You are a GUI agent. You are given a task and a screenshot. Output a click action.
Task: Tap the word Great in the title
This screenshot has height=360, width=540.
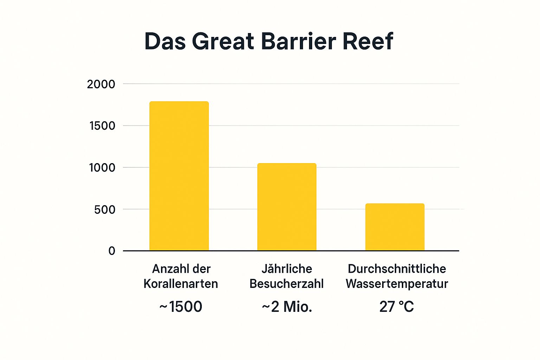pyautogui.click(x=223, y=41)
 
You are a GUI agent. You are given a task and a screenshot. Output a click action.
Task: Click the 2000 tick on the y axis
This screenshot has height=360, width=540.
pyautogui.click(x=101, y=84)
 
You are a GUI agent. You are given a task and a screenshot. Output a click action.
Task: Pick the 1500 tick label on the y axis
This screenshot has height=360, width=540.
pyautogui.click(x=102, y=126)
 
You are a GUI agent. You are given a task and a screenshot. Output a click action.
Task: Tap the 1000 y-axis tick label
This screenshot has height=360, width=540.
pyautogui.click(x=102, y=168)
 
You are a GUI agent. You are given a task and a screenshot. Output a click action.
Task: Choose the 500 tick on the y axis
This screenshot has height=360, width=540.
pyautogui.click(x=104, y=210)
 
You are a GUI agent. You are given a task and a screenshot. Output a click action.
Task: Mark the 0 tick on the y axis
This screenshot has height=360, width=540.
pyautogui.click(x=112, y=251)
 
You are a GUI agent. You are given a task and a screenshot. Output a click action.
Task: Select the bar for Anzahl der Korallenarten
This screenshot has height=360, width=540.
pyautogui.click(x=179, y=176)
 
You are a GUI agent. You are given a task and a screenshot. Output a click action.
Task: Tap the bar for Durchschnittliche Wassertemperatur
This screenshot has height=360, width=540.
pyautogui.click(x=395, y=227)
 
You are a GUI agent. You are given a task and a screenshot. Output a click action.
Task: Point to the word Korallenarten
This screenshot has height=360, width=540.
pyautogui.click(x=181, y=284)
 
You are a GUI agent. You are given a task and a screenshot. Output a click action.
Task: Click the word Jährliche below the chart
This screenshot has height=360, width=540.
pyautogui.click(x=287, y=269)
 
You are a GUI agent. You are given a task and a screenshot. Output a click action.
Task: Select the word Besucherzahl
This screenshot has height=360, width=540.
pyautogui.click(x=287, y=284)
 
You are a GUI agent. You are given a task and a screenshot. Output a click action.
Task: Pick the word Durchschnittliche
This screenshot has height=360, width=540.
pyautogui.click(x=397, y=269)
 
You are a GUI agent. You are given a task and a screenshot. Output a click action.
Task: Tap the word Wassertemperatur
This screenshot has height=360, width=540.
pyautogui.click(x=397, y=284)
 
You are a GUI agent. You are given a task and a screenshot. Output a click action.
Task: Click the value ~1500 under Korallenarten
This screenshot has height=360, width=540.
pyautogui.click(x=181, y=307)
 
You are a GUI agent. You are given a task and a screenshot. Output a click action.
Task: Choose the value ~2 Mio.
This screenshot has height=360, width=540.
pyautogui.click(x=287, y=307)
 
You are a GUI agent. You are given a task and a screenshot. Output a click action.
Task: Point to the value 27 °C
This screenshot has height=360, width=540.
pyautogui.click(x=397, y=307)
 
